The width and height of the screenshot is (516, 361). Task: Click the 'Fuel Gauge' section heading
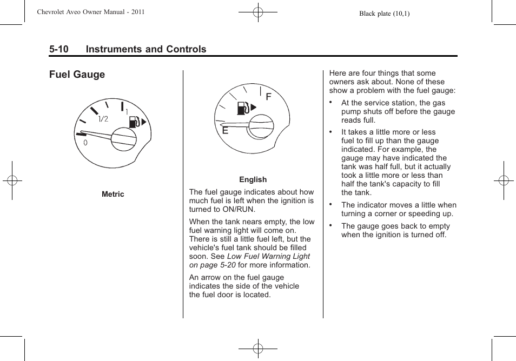tap(77, 75)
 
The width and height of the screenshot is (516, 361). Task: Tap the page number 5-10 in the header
tap(58, 49)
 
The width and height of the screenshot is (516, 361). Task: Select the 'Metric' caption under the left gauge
tap(113, 194)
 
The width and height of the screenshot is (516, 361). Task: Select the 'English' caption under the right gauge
tap(253, 179)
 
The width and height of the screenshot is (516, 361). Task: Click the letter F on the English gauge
tap(268, 97)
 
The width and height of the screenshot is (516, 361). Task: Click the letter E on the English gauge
tap(225, 130)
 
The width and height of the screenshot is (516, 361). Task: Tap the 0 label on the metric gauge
tap(85, 142)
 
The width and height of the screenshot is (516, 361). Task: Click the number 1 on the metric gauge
tap(127, 112)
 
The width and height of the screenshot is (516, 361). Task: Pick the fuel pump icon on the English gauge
tap(243, 108)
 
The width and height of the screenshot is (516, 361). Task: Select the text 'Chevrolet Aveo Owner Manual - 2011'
tap(91, 12)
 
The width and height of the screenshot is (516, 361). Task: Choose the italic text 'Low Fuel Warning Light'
tap(268, 256)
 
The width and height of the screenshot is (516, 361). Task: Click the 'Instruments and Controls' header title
tap(146, 49)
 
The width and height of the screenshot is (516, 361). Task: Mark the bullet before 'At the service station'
tap(330, 102)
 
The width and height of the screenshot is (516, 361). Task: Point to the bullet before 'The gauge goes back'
tap(330, 225)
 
